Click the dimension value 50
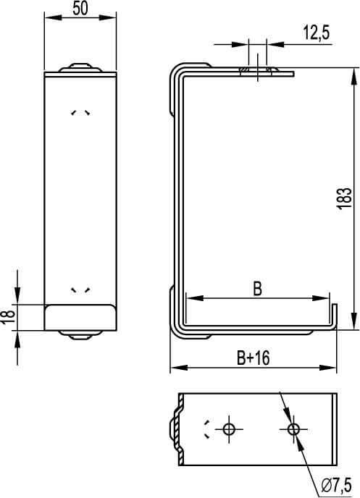pos(80,9)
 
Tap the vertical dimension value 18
pos(7,316)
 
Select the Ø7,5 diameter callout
pos(336,484)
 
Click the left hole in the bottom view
pos(230,429)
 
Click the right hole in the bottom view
pos(293,429)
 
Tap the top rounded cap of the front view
pos(80,69)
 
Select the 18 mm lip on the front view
pos(80,317)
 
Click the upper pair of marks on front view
pos(80,113)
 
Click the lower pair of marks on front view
pos(80,290)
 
